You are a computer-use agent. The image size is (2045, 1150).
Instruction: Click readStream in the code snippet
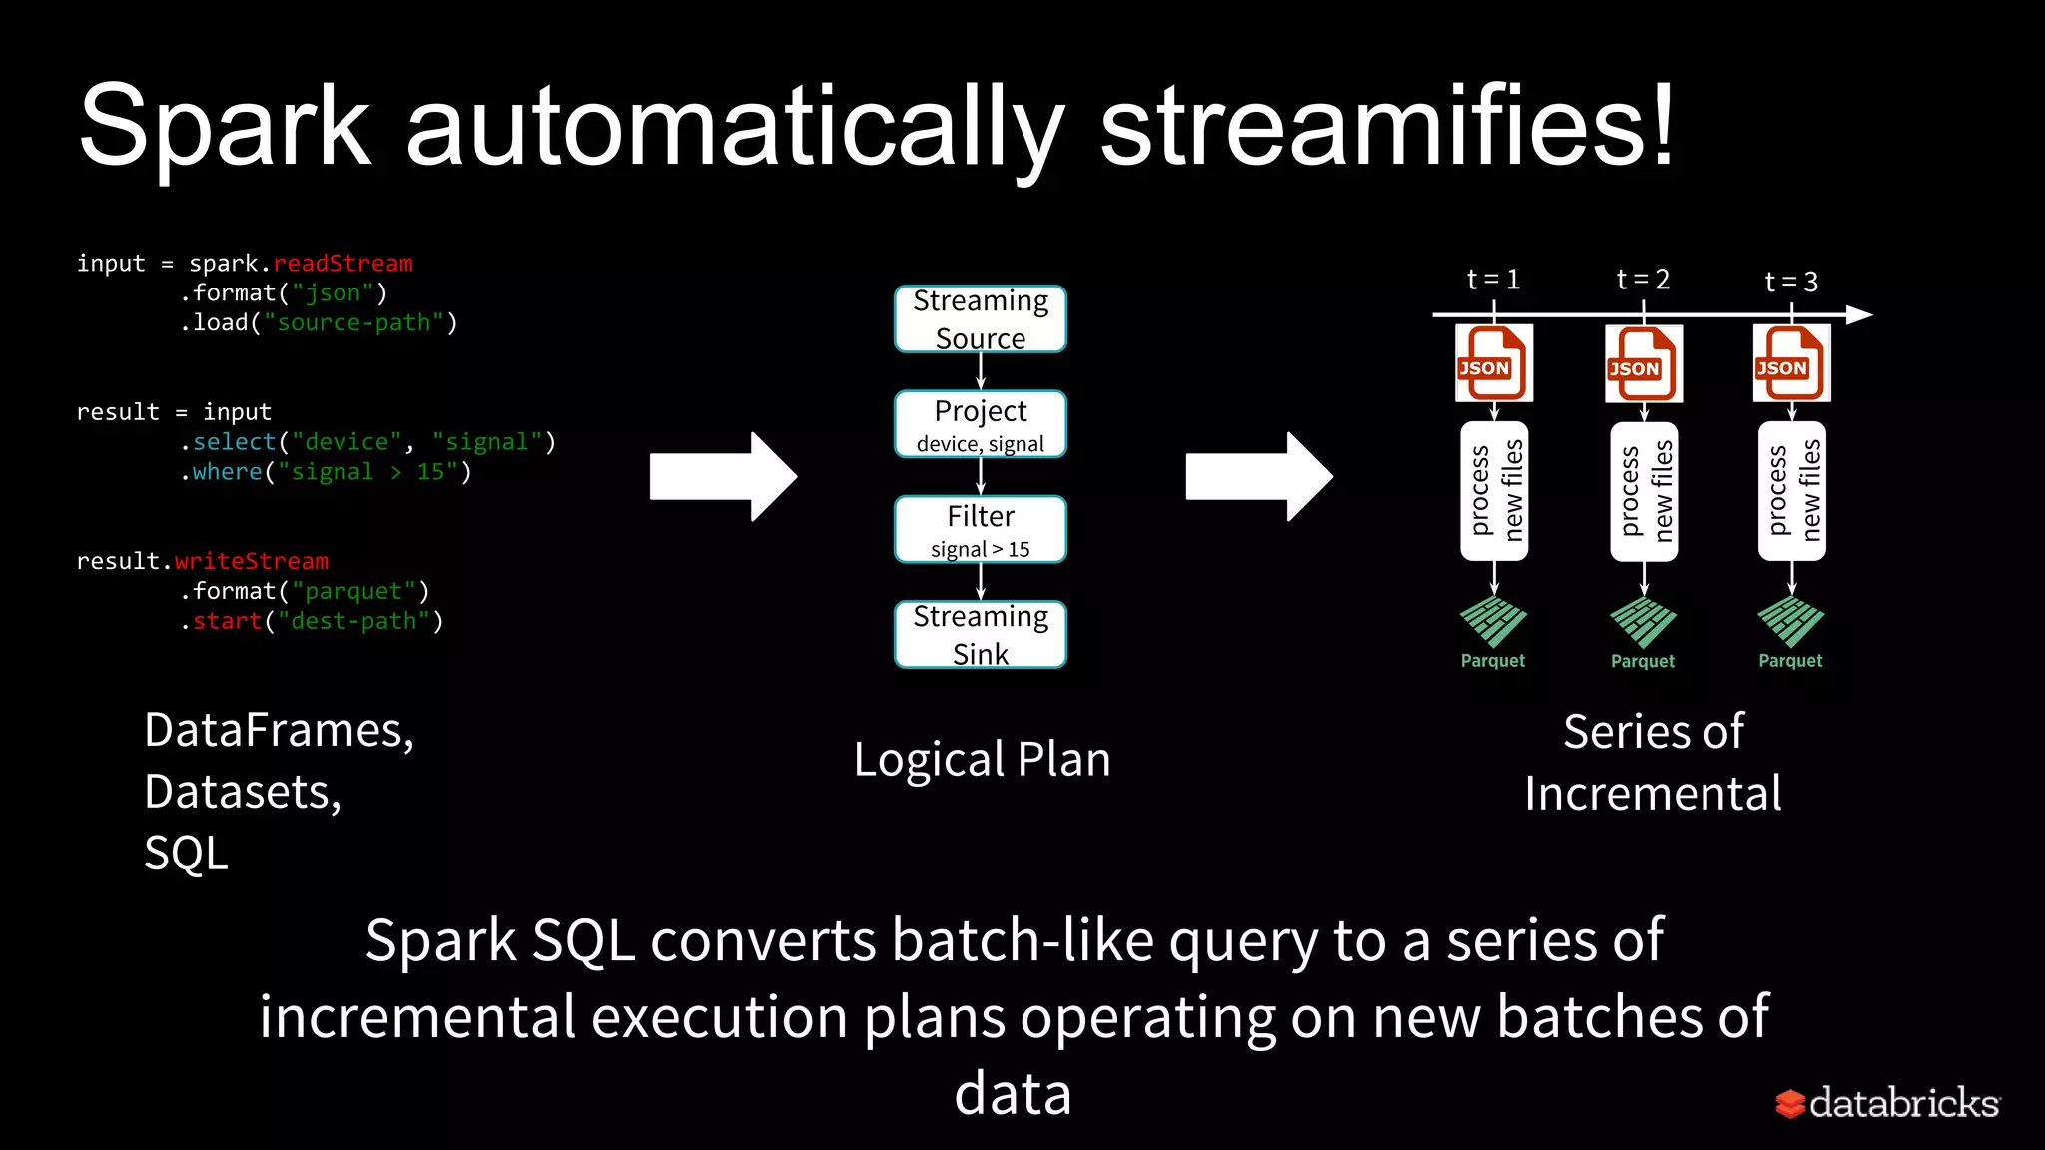click(342, 264)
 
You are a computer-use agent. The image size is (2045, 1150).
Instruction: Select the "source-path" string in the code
click(353, 323)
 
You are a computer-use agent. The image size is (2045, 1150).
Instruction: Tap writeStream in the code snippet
click(251, 561)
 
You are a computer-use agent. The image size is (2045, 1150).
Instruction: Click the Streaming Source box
click(980, 319)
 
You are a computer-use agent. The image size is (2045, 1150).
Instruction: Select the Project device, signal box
click(980, 424)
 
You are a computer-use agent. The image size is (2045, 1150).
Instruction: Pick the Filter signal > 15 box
click(980, 530)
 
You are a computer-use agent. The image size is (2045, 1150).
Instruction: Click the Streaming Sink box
click(980, 634)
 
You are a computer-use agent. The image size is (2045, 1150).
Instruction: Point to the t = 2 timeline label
click(1643, 280)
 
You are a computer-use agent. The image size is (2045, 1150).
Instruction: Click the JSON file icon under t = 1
click(1493, 363)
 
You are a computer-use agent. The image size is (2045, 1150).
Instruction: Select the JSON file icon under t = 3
click(1791, 363)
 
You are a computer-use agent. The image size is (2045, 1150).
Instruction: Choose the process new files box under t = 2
click(1643, 491)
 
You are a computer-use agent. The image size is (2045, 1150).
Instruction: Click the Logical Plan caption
click(982, 760)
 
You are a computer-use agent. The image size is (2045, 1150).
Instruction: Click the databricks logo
click(1887, 1103)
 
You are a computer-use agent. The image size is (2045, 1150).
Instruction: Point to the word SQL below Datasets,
click(187, 855)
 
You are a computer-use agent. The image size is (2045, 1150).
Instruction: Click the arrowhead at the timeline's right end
click(1858, 315)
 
